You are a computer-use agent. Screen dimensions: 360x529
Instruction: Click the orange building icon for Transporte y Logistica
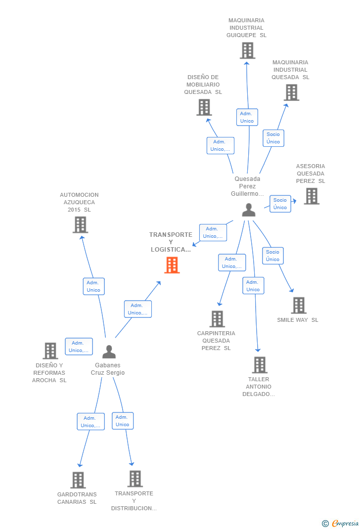[172, 265]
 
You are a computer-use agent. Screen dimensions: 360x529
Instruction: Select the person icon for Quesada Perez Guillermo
[249, 210]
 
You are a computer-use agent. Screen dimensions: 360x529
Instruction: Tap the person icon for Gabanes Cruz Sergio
[109, 352]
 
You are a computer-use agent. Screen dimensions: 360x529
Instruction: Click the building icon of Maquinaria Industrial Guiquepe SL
[247, 50]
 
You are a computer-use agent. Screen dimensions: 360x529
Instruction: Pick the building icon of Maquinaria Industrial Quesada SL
[291, 92]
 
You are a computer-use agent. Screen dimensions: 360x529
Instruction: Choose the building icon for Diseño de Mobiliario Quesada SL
[204, 107]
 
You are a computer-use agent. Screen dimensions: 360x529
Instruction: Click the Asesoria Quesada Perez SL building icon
[312, 196]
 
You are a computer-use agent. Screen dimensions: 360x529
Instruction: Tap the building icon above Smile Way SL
[299, 306]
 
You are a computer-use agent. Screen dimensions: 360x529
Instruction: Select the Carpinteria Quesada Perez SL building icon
[217, 319]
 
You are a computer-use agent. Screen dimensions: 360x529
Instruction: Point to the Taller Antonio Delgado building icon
[260, 365]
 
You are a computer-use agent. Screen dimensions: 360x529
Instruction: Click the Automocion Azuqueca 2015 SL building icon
[80, 225]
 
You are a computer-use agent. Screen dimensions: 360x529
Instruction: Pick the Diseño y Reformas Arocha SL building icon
[50, 351]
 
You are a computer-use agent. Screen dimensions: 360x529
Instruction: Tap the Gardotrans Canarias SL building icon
[78, 480]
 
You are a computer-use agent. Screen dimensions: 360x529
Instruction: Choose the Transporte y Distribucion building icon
[135, 479]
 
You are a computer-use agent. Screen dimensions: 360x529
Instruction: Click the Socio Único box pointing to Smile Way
[272, 256]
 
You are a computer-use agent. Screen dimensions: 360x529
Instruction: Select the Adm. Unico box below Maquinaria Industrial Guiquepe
[247, 117]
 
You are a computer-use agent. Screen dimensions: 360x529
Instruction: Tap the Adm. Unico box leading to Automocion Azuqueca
[93, 286]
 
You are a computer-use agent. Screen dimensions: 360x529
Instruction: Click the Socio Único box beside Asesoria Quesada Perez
[280, 204]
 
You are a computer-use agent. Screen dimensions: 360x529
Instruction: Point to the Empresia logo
[341, 523]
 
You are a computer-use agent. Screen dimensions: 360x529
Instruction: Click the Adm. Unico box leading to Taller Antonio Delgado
[253, 286]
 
